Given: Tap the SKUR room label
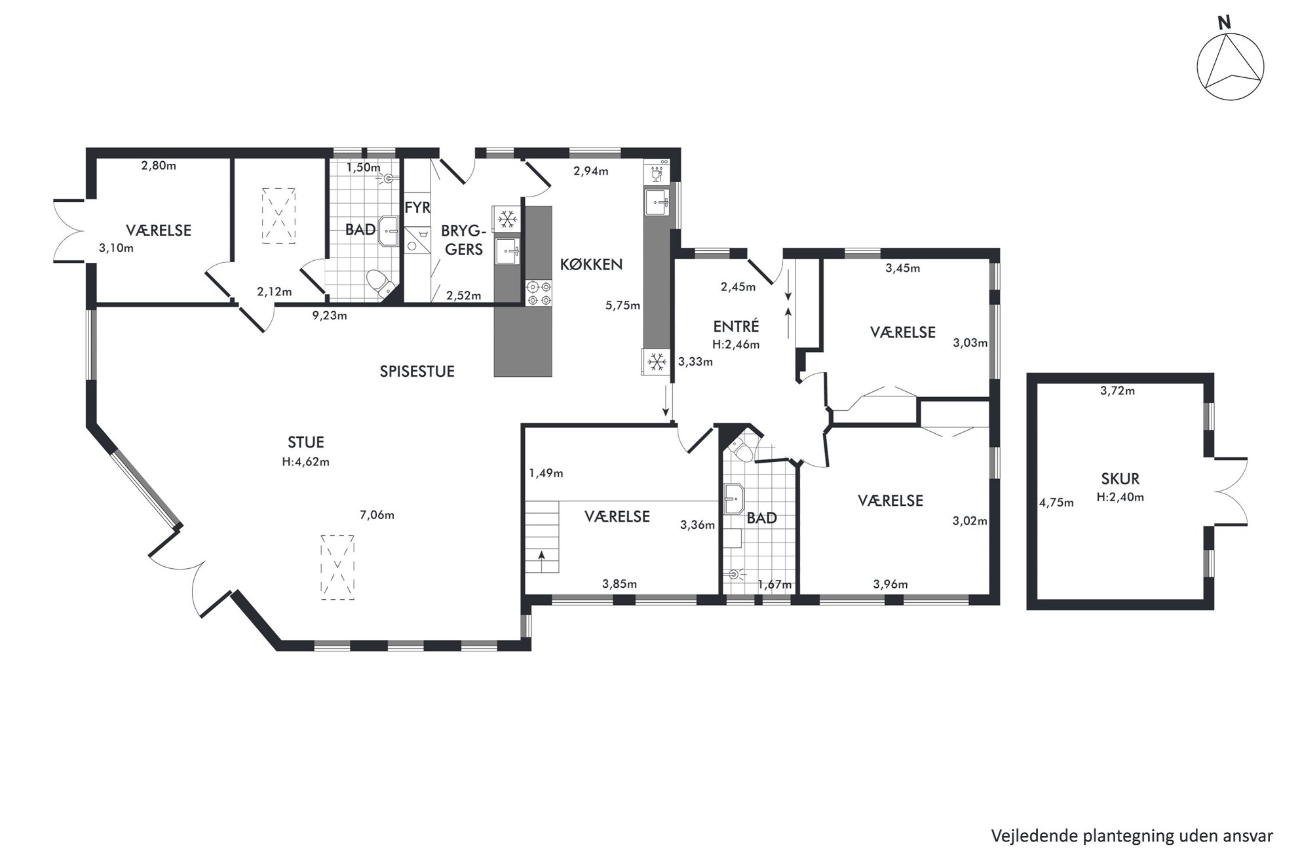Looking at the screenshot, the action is [1120, 479].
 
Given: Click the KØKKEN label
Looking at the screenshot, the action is [591, 265].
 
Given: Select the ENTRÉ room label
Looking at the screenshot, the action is [736, 326].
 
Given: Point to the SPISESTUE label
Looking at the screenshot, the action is [417, 372].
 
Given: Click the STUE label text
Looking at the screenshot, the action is [305, 443].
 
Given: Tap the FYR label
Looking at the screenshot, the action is [417, 208].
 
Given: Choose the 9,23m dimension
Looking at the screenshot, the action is [330, 315].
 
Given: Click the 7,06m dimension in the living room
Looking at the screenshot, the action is [377, 515].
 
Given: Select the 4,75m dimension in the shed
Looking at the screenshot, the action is [1056, 503].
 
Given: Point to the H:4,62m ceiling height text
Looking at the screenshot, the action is [305, 461].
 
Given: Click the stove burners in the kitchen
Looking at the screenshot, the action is [539, 293].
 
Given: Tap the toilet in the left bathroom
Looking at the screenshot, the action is [379, 284].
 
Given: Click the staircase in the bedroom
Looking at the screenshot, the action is [541, 537].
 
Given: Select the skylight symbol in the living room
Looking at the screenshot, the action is [338, 567].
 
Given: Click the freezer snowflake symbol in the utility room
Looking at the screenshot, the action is [507, 219].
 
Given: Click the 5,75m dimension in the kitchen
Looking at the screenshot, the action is [622, 305].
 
